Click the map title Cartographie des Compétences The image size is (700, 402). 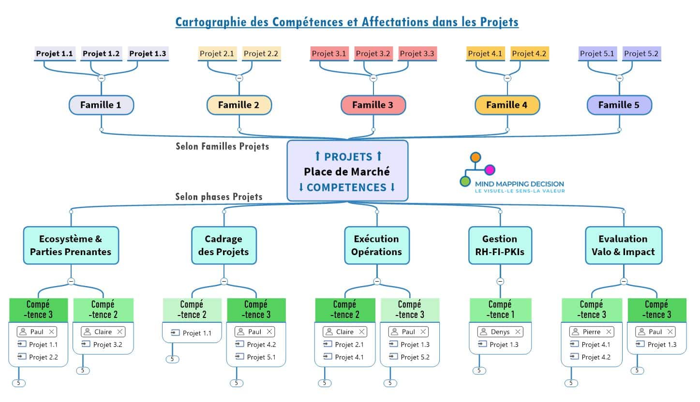[x=347, y=22]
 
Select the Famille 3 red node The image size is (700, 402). [x=372, y=105]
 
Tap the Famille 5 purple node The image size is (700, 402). [x=619, y=105]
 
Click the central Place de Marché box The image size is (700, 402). [x=347, y=171]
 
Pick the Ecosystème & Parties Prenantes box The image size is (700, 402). [x=71, y=245]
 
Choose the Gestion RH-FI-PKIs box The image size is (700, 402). [x=500, y=245]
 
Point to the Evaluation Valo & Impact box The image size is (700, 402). [x=623, y=245]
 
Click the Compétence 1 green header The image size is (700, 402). [x=500, y=310]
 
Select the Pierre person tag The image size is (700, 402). [x=588, y=332]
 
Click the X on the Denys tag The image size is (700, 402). [x=518, y=332]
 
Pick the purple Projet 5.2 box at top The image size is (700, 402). [x=641, y=54]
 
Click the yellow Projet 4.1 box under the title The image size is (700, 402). [x=485, y=54]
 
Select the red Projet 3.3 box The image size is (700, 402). [x=417, y=54]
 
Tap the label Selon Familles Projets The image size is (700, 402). [x=222, y=146]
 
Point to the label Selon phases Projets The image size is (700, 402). [x=219, y=197]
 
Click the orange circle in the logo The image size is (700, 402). [x=476, y=157]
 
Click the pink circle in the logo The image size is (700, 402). [x=490, y=170]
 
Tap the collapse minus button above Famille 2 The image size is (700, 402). [x=239, y=78]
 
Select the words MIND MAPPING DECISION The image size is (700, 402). [x=519, y=184]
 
